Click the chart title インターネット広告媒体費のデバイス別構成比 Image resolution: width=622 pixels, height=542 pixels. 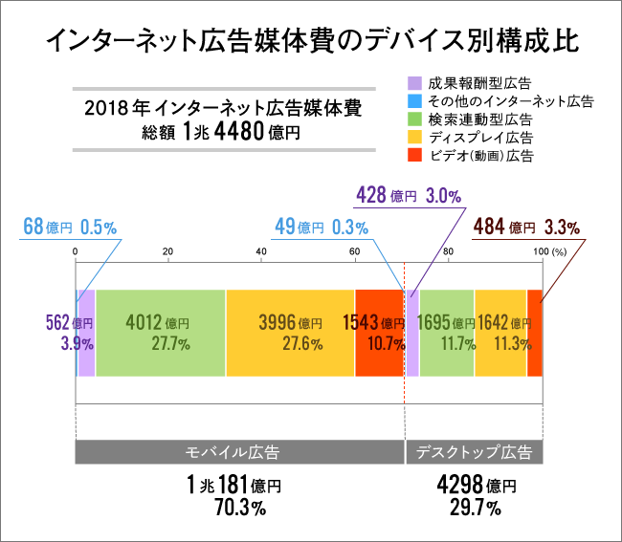pyautogui.click(x=311, y=41)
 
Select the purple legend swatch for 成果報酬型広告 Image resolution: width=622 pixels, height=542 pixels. pyautogui.click(x=414, y=83)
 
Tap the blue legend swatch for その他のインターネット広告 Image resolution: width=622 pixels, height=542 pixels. pyautogui.click(x=414, y=100)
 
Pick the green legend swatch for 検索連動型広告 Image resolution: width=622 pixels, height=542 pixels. pyautogui.click(x=414, y=119)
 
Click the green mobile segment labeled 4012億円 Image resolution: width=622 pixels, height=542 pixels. pyautogui.click(x=160, y=333)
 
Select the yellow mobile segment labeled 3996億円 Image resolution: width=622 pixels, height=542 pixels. pyautogui.click(x=290, y=333)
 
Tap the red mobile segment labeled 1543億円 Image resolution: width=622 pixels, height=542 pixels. pyautogui.click(x=379, y=333)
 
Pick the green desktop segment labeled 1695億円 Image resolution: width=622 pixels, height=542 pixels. pyautogui.click(x=447, y=333)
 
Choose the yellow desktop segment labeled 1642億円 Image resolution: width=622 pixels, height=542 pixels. pyautogui.click(x=500, y=333)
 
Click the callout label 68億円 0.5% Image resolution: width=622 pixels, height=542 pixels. pyautogui.click(x=69, y=228)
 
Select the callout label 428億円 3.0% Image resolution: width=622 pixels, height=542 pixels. pyautogui.click(x=409, y=196)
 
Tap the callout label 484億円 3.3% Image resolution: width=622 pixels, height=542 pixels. pyautogui.click(x=526, y=228)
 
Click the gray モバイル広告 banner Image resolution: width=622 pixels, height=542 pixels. pyautogui.click(x=239, y=451)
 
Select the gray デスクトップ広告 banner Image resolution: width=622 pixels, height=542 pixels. pyautogui.click(x=475, y=451)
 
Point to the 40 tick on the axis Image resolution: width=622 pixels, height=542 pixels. pyautogui.click(x=261, y=251)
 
